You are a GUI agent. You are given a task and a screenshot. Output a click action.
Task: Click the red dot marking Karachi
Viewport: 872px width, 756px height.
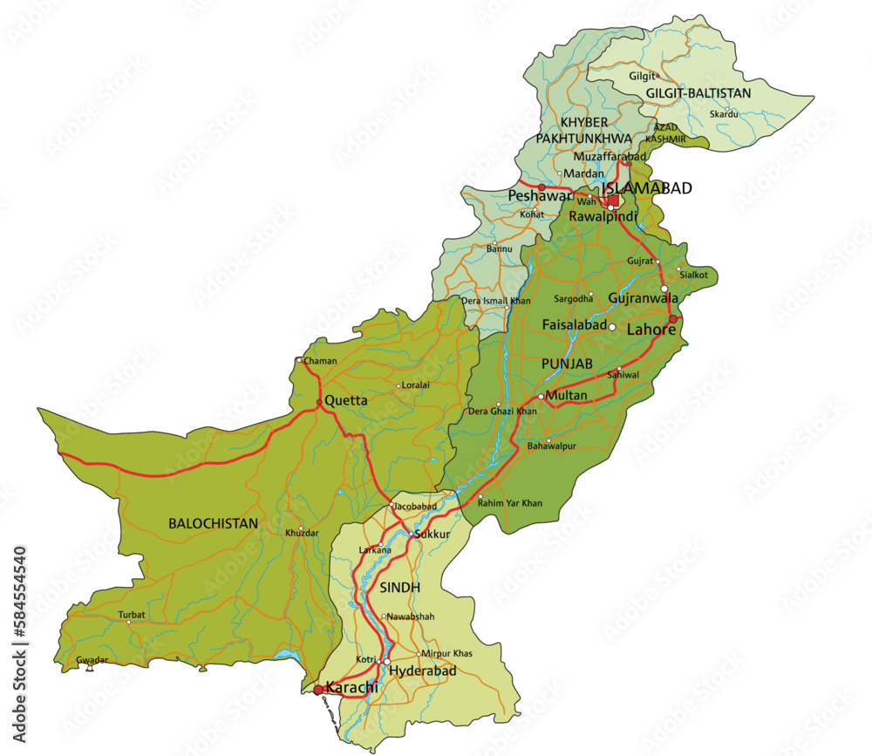[317, 690]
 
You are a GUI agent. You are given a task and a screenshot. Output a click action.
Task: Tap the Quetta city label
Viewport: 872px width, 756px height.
[347, 401]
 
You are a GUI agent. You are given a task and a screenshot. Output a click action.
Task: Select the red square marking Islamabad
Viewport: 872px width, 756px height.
[613, 201]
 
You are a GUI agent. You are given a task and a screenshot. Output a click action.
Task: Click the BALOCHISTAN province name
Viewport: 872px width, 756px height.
[213, 524]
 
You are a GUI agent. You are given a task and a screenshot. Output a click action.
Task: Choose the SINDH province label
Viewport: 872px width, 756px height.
[400, 588]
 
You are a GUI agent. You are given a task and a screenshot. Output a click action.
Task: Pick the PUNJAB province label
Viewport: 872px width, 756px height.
[567, 362]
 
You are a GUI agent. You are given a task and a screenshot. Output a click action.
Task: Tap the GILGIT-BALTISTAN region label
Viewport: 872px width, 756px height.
[698, 93]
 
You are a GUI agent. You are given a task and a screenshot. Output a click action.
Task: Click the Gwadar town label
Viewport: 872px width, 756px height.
[92, 660]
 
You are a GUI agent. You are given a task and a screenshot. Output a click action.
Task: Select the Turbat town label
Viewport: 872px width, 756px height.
[132, 615]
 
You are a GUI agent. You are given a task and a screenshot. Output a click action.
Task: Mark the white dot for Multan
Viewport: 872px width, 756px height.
[542, 397]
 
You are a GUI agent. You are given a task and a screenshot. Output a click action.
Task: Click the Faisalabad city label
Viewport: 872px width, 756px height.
[574, 324]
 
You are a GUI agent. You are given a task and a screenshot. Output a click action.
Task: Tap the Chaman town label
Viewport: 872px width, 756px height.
[319, 360]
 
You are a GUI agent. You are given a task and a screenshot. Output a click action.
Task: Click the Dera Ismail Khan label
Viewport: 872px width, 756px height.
[495, 301]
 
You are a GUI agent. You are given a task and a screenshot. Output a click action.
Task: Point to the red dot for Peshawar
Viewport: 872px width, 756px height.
[542, 187]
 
